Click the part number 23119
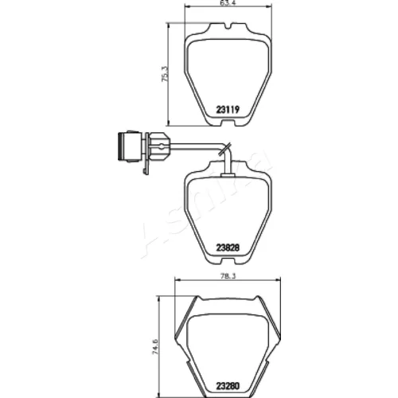(x=228, y=109)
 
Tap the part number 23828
(x=228, y=248)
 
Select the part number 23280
(x=228, y=385)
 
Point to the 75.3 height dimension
(x=165, y=73)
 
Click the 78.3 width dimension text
(x=228, y=276)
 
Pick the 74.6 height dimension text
(x=155, y=346)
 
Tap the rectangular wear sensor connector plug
(x=130, y=146)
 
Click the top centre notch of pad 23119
(x=228, y=26)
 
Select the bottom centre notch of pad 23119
(x=228, y=123)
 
